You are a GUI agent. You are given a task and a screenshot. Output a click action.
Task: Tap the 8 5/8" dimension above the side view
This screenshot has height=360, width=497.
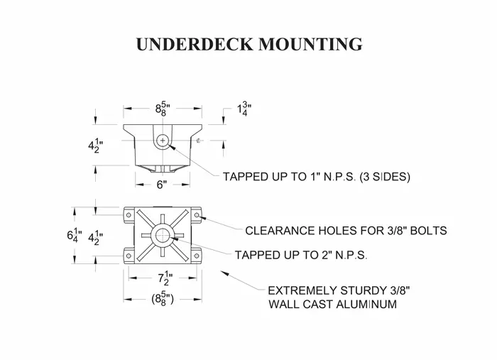[163, 110]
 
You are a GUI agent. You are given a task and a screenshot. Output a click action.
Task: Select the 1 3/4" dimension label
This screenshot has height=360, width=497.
[244, 109]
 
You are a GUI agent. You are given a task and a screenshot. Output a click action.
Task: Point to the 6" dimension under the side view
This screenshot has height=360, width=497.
[162, 185]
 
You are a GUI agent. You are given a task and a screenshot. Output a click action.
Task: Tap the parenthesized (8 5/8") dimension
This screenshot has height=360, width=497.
[163, 299]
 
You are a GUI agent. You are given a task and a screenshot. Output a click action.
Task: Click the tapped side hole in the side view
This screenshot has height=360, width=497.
[163, 141]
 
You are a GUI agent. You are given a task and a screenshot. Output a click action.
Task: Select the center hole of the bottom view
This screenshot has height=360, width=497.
[163, 235]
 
